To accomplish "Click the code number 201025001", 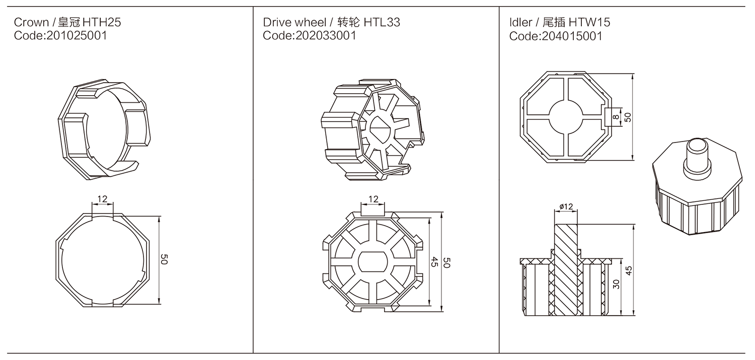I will click(x=76, y=36).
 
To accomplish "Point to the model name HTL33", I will click(x=381, y=22).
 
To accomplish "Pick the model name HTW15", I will click(x=589, y=22).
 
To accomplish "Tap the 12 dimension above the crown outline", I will click(x=102, y=199).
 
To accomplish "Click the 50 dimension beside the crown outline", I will click(x=164, y=260).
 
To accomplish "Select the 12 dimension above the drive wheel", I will click(x=373, y=199).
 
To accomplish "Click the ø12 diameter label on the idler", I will click(x=566, y=206).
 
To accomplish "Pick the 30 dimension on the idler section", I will click(x=617, y=284).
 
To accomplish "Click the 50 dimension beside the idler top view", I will click(x=627, y=117).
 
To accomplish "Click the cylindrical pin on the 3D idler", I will click(x=697, y=157).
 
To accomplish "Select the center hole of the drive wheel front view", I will click(x=373, y=262).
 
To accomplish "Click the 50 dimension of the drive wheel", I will click(x=446, y=262).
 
